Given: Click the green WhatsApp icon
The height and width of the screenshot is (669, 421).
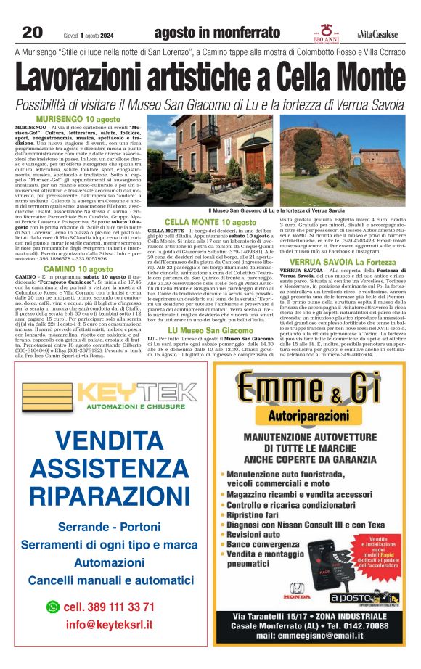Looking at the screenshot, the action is click(x=52, y=607).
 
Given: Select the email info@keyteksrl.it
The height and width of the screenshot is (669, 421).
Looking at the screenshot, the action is click(x=109, y=625).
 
